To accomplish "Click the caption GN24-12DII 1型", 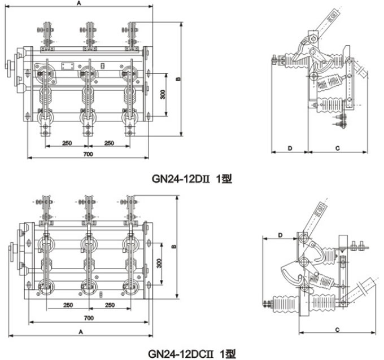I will (193, 179).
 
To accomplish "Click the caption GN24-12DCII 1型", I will (192, 354).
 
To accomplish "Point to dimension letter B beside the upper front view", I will (177, 79).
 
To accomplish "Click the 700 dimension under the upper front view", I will (88, 154).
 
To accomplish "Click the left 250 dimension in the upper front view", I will (67, 143).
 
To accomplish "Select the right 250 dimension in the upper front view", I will (110, 143).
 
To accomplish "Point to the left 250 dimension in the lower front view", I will (67, 305).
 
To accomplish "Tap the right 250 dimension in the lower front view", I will (110, 305).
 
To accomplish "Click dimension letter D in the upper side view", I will (289, 148).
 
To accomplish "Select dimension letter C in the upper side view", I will (337, 148).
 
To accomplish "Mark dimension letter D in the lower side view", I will (280, 234).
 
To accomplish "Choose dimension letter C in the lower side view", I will (337, 329).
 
